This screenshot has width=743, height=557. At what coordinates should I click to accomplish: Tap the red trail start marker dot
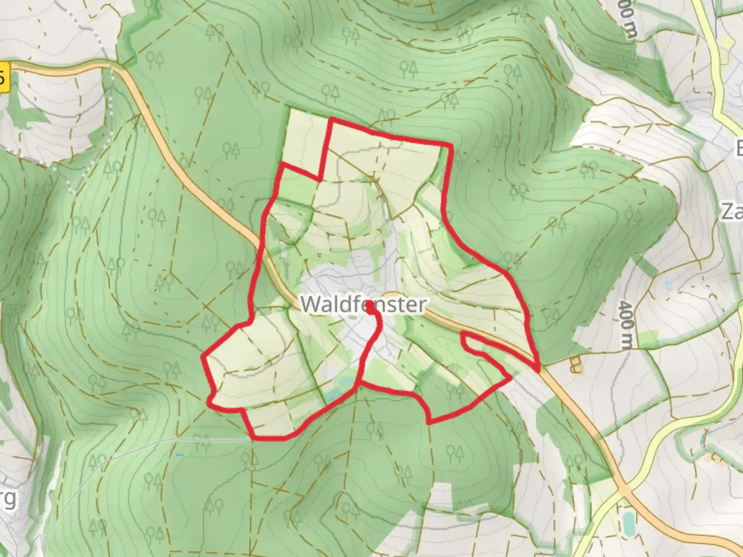(x=370, y=308)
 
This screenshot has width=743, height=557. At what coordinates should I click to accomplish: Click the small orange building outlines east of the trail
(x=574, y=365)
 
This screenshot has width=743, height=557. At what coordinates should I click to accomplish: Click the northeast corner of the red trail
(x=451, y=146)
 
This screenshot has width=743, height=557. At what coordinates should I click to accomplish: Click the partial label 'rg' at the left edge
(x=8, y=499)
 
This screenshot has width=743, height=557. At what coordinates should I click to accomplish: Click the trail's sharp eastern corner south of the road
(x=510, y=378)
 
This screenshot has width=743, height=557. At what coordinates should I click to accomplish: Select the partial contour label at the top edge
(x=626, y=21)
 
